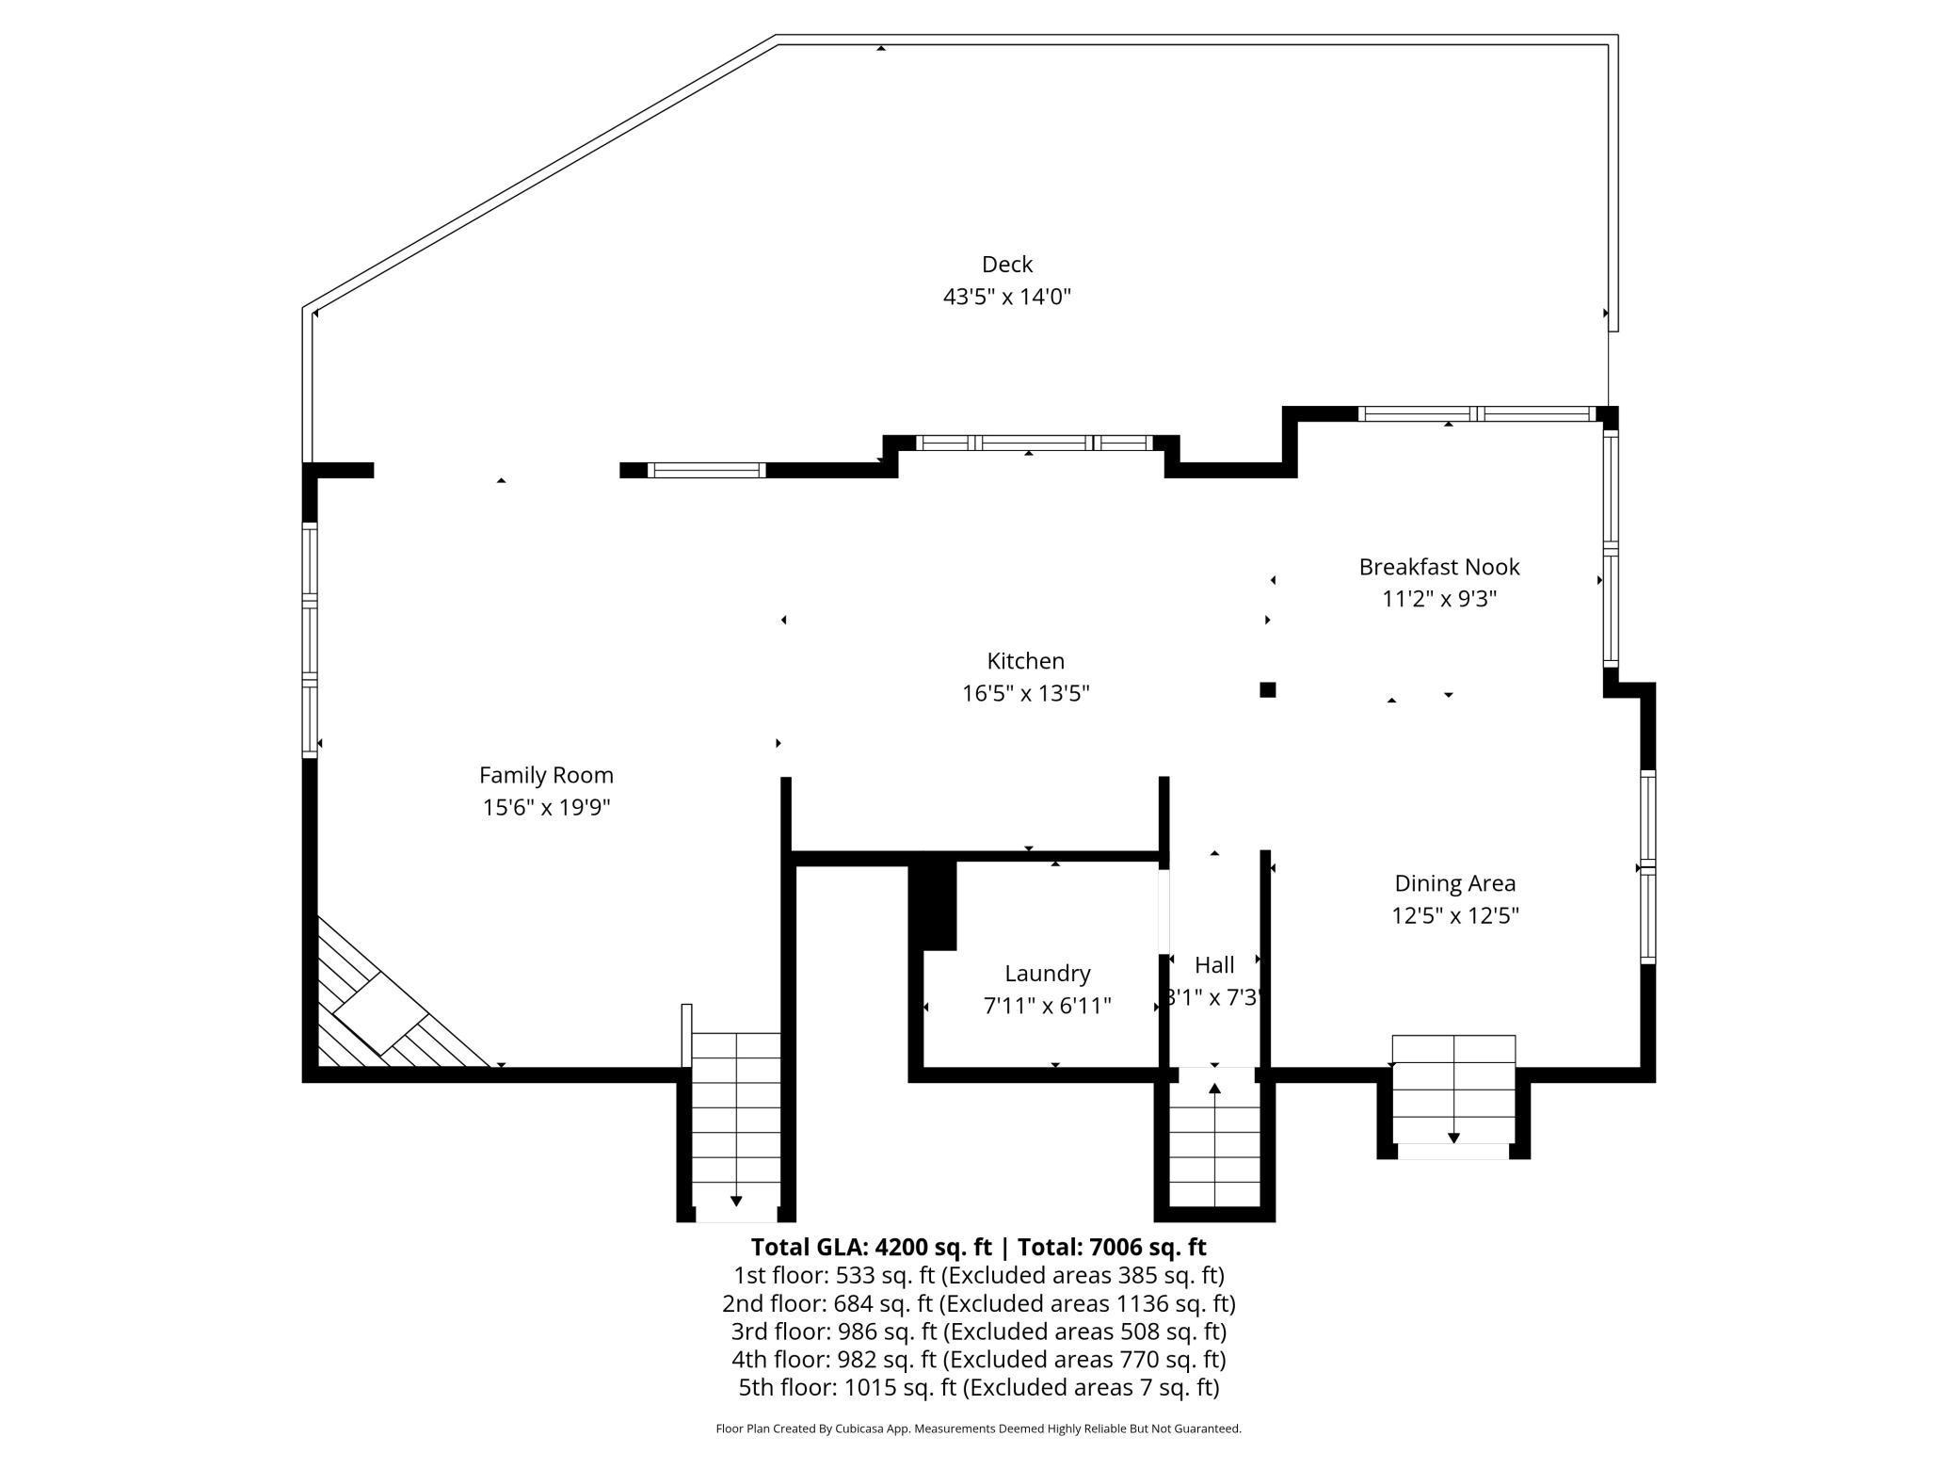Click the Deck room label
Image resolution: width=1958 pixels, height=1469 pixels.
1006,265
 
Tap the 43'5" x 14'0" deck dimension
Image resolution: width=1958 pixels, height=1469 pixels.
1006,298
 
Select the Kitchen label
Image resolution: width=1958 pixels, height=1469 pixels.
1025,661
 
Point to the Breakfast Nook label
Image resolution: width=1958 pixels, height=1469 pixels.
1438,567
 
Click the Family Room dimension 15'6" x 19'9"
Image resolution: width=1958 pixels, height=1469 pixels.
546,807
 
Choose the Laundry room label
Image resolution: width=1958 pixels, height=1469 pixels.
1047,974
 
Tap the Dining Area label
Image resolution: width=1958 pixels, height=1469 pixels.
1454,883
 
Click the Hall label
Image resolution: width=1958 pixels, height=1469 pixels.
1213,965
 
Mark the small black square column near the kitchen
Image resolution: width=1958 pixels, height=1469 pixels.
1267,690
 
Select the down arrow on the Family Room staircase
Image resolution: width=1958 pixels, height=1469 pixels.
736,1201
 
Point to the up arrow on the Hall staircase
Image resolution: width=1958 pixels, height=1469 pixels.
1214,1090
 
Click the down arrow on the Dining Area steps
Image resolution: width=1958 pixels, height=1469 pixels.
1453,1138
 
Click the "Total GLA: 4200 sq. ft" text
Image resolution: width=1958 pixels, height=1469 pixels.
870,1247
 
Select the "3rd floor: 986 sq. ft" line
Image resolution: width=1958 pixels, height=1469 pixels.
978,1332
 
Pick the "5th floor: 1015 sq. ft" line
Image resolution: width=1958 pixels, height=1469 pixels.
978,1387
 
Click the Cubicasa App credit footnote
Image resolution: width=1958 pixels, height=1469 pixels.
978,1429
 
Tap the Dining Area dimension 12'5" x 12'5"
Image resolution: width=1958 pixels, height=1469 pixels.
1454,915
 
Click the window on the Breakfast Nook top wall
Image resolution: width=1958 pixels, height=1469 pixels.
1475,413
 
